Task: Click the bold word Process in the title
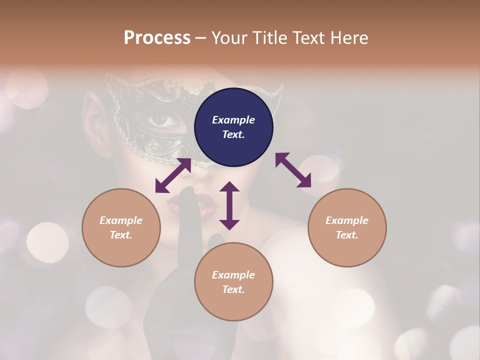pyautogui.click(x=157, y=38)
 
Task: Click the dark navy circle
pyautogui.click(x=233, y=127)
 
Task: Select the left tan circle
pyautogui.click(x=121, y=227)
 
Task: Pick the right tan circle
pyautogui.click(x=347, y=227)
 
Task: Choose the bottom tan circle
pyautogui.click(x=233, y=282)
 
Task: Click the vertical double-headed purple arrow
pyautogui.click(x=229, y=205)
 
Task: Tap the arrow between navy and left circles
pyautogui.click(x=173, y=175)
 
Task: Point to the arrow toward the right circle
pyautogui.click(x=293, y=170)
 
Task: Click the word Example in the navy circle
pyautogui.click(x=233, y=120)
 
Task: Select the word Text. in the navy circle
pyautogui.click(x=233, y=134)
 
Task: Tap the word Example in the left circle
pyautogui.click(x=121, y=220)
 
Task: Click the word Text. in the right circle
pyautogui.click(x=347, y=235)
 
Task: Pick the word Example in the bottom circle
pyautogui.click(x=233, y=275)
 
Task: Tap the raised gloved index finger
pyautogui.click(x=188, y=210)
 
